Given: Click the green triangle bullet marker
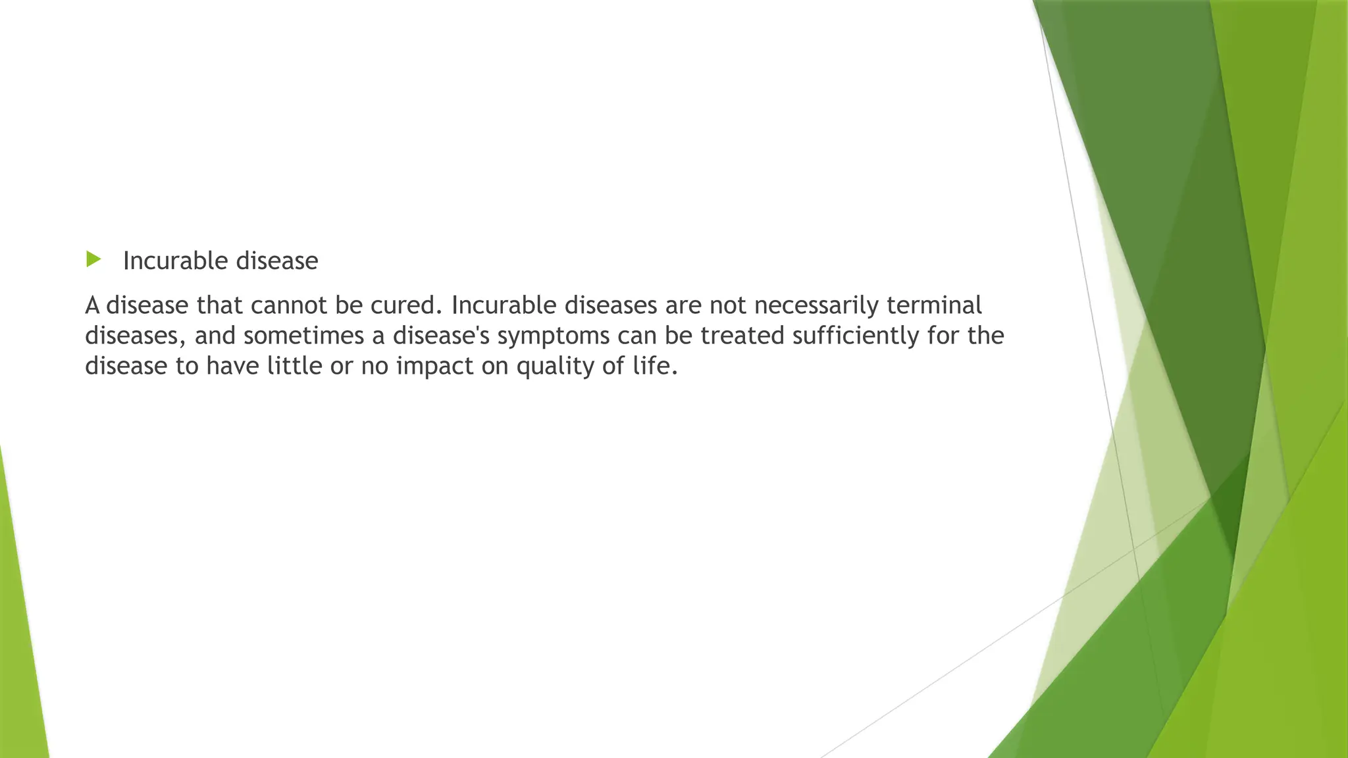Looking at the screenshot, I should (93, 259).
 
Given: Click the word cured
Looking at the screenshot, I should (403, 305).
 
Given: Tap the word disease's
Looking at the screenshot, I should (441, 336).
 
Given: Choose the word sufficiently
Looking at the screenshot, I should (856, 336).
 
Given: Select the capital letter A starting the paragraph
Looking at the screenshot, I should (92, 306).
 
